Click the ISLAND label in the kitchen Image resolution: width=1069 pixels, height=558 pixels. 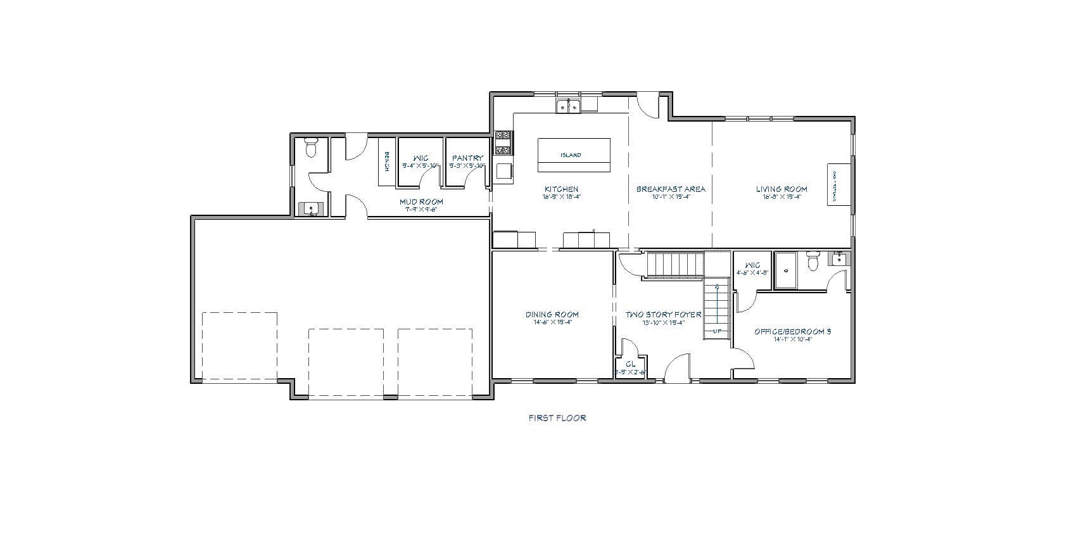coord(571,155)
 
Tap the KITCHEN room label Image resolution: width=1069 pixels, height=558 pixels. coord(561,189)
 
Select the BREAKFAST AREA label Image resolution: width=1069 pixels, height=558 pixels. coord(671,189)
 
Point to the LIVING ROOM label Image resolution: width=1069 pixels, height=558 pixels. coord(781,189)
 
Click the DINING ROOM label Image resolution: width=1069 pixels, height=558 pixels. coord(552,314)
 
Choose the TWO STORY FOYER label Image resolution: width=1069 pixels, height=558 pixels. coord(663,314)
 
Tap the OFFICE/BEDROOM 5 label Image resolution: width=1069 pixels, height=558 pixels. coord(792,331)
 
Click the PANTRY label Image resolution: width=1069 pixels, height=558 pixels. coord(467,158)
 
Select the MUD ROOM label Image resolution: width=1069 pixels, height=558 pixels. coord(421,202)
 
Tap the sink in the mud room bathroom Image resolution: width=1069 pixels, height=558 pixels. coord(311,208)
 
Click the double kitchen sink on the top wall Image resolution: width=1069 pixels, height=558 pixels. coord(568,106)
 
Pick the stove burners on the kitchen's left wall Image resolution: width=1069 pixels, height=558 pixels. coord(503,143)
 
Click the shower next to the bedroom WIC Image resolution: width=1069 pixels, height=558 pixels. coord(786,270)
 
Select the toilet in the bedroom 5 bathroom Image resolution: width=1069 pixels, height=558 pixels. coord(814,260)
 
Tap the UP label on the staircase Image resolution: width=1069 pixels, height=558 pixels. coord(718,331)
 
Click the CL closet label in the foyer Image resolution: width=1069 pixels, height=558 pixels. coord(630,364)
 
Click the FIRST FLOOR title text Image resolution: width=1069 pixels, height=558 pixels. coord(557,418)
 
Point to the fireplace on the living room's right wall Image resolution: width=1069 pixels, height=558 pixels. coord(835,184)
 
